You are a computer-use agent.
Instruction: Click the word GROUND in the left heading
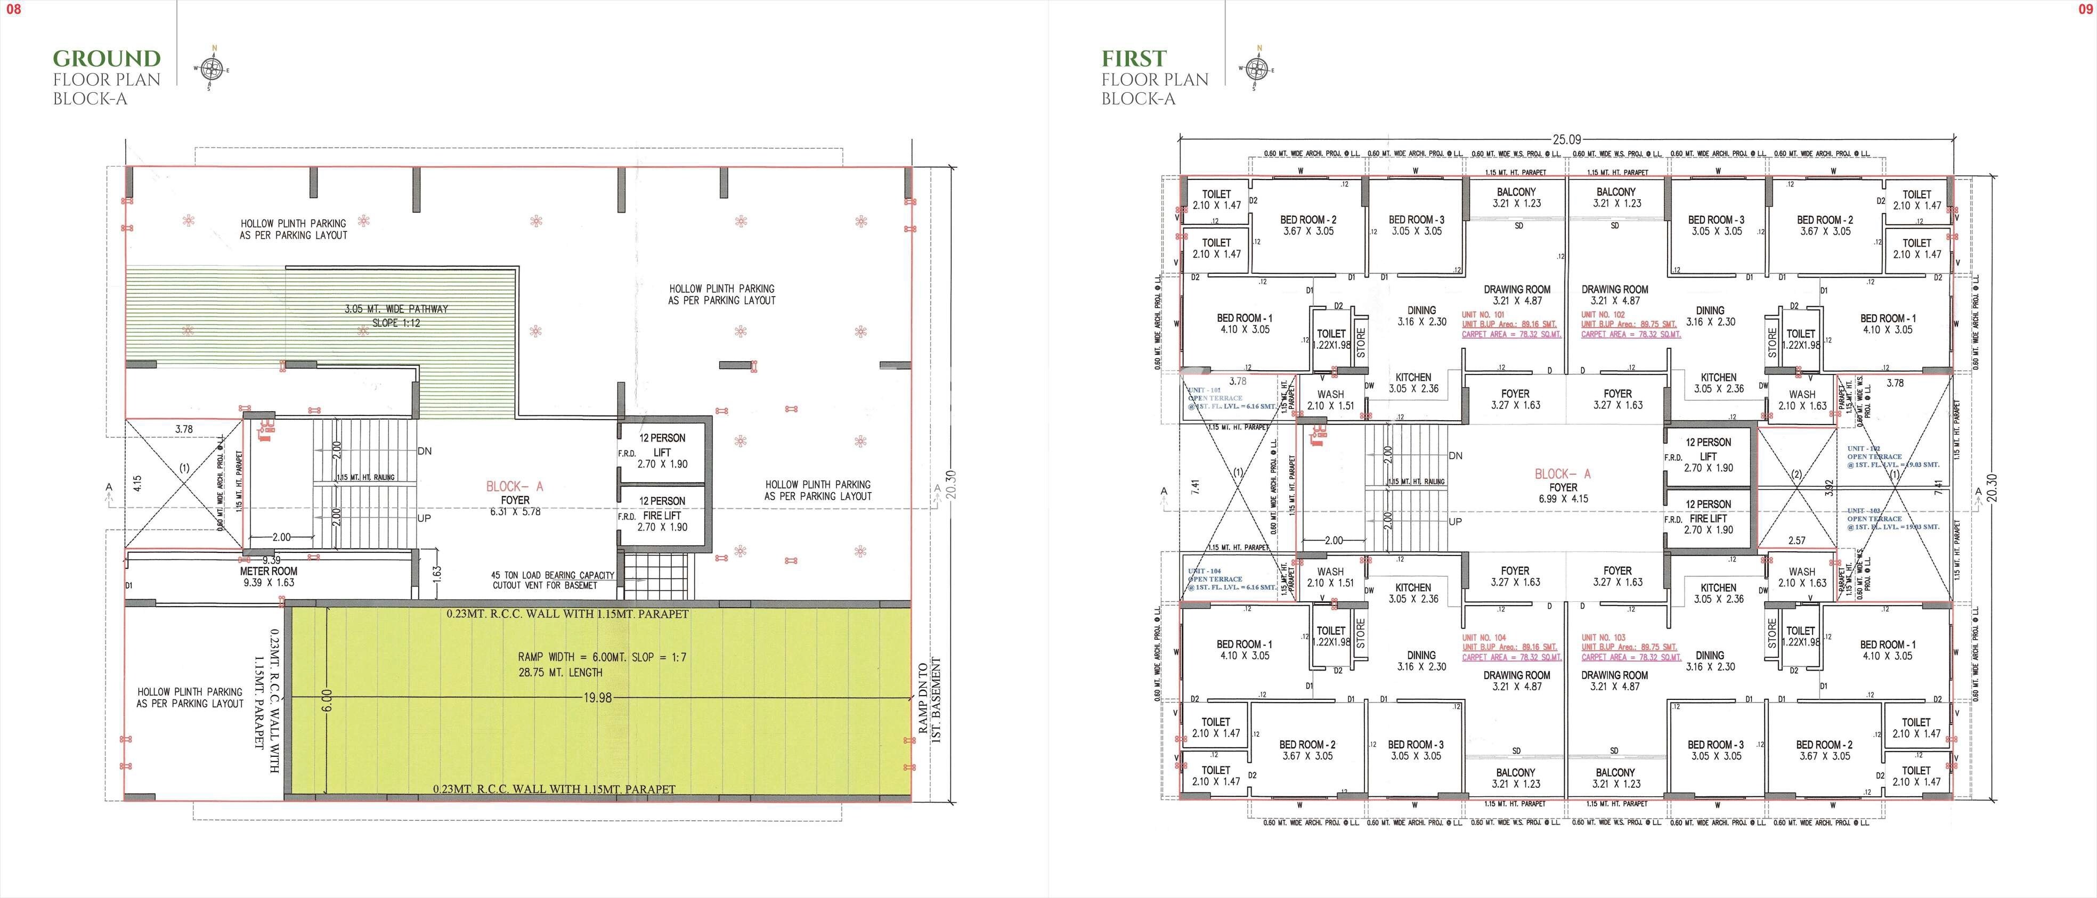click(107, 59)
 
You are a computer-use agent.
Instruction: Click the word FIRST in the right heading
click(1134, 59)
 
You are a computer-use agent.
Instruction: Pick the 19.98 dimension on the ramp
click(598, 698)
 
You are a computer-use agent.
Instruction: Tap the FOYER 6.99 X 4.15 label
click(1563, 487)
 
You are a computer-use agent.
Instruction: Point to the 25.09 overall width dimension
click(1565, 139)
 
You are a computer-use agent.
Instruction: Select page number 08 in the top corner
click(14, 10)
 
